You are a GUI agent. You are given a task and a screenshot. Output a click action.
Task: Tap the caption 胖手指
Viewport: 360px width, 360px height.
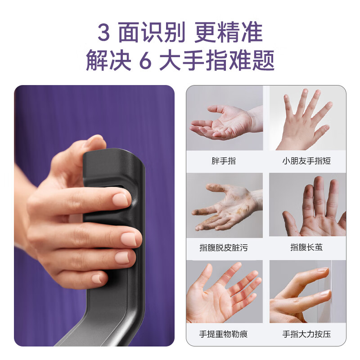(x=224, y=161)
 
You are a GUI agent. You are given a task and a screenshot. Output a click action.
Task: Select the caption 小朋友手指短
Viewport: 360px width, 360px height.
(x=306, y=161)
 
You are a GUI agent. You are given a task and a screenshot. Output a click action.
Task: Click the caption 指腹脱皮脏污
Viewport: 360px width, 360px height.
(x=224, y=247)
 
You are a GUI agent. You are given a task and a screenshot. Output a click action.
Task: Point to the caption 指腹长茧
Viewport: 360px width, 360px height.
(x=306, y=247)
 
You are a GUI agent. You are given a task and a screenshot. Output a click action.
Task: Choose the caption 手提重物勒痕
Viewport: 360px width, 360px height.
(x=224, y=334)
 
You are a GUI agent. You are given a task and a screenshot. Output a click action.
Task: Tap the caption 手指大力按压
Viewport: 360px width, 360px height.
(x=306, y=334)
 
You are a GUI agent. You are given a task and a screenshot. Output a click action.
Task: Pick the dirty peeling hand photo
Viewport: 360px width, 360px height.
(x=225, y=205)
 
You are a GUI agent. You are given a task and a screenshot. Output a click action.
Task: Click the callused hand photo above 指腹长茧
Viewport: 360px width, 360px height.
(x=307, y=205)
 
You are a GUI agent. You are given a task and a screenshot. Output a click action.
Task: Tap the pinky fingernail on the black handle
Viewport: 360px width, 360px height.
(x=98, y=279)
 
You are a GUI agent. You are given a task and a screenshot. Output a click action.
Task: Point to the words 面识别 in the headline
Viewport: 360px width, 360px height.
(x=151, y=33)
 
